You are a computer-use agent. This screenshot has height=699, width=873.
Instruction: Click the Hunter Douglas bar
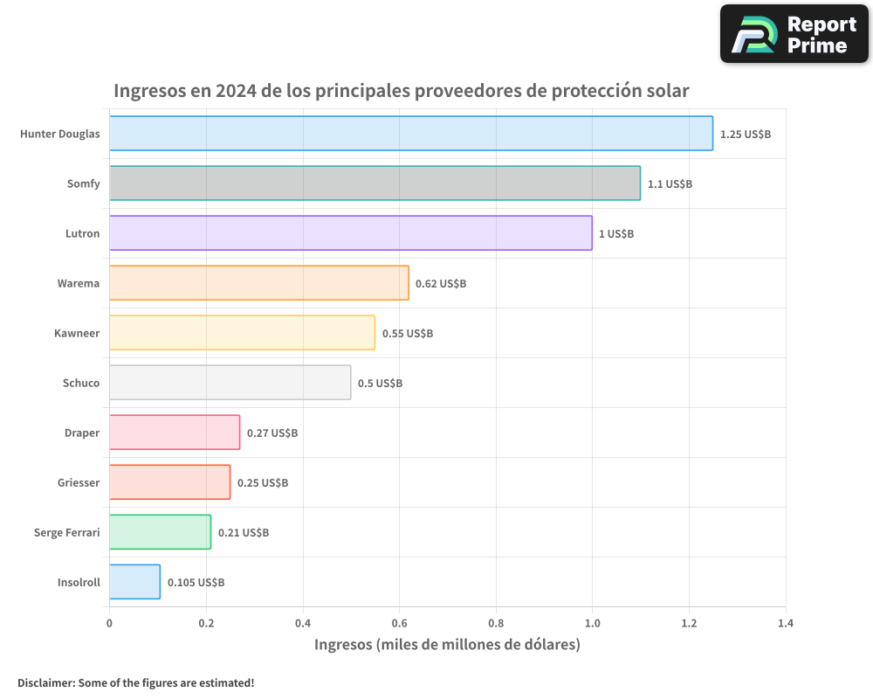point(410,134)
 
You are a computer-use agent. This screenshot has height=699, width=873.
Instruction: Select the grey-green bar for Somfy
point(375,183)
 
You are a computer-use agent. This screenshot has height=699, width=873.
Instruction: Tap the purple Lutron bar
point(350,233)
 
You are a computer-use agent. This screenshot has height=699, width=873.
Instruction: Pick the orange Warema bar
point(258,283)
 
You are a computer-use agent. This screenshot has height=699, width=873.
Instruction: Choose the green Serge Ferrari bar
point(160,532)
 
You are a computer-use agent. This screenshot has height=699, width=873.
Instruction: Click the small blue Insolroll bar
point(134,582)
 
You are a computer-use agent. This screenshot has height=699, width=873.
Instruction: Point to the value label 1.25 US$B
point(745,135)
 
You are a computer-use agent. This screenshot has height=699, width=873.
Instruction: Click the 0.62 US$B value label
point(440,284)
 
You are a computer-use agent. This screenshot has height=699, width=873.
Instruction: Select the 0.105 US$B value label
point(196,583)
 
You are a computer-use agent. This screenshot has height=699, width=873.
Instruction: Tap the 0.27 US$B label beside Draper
point(272,433)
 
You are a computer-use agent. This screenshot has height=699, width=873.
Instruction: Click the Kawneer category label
point(77,333)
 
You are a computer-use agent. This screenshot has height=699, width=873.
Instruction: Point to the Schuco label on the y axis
point(81,383)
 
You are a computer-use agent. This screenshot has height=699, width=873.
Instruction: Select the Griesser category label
point(79,482)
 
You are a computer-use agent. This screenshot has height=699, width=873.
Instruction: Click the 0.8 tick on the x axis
point(496,624)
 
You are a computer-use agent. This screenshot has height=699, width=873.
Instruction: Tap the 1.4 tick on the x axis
point(786,624)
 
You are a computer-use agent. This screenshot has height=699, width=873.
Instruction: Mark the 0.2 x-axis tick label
point(206,624)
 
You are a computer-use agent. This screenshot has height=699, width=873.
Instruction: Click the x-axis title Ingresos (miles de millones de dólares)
point(447,646)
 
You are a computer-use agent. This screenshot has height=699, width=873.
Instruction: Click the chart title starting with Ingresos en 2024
point(402,91)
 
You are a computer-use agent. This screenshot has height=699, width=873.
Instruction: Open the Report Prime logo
point(794,34)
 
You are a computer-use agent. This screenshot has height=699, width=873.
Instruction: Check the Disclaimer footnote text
point(135,682)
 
